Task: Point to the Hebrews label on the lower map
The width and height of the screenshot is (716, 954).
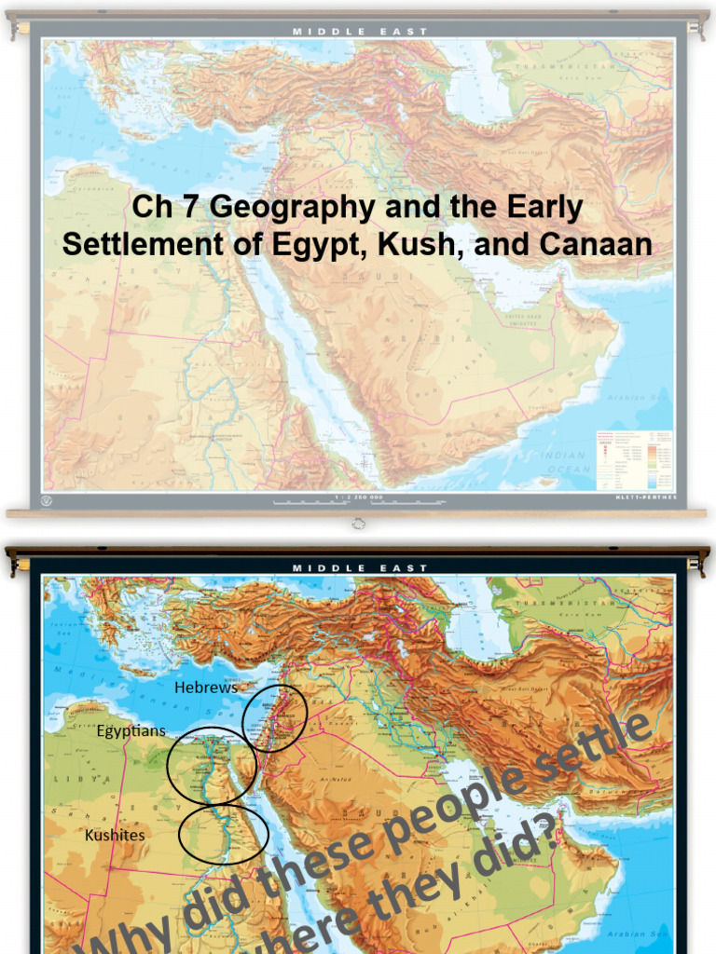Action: point(206,688)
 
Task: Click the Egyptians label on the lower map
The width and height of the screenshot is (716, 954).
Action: point(131,730)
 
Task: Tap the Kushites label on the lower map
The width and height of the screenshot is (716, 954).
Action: point(115,835)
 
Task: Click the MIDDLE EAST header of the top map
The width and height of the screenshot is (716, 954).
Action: point(360,31)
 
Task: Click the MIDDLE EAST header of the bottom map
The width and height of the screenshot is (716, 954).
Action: point(360,567)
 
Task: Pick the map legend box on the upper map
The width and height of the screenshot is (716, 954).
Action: point(634,460)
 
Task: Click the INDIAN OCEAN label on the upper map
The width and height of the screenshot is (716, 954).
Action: point(566,463)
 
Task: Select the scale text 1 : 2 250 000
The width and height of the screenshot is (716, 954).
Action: point(359,498)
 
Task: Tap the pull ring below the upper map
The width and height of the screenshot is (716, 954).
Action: point(359,525)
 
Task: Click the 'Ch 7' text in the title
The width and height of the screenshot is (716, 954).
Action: point(166,208)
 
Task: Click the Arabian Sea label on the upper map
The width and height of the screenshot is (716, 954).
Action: point(640,398)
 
